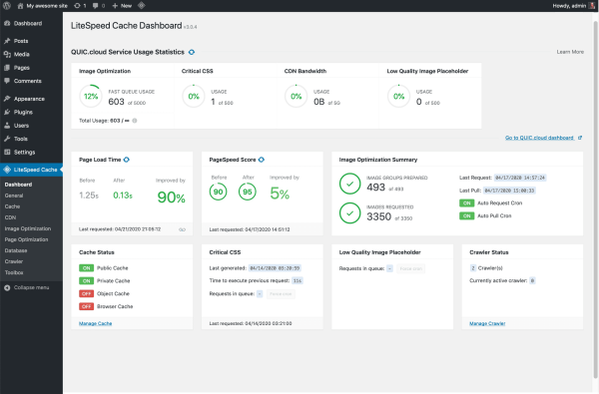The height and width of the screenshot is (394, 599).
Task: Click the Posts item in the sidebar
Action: click(20, 40)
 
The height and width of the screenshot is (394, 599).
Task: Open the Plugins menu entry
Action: click(23, 113)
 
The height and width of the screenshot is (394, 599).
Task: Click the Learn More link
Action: click(570, 50)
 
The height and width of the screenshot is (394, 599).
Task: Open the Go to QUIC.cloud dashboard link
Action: click(542, 138)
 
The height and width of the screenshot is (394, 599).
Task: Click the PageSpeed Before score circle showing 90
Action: click(219, 193)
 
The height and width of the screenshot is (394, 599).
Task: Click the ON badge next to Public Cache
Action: click(87, 268)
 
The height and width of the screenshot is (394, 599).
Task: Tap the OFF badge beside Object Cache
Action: click(87, 293)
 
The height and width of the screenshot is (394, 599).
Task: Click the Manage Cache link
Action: click(95, 323)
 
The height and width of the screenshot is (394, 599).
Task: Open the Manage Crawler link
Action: click(487, 323)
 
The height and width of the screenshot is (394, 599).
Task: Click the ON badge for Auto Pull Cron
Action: click(465, 215)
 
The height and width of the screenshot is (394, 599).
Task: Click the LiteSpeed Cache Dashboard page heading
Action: click(144, 26)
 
